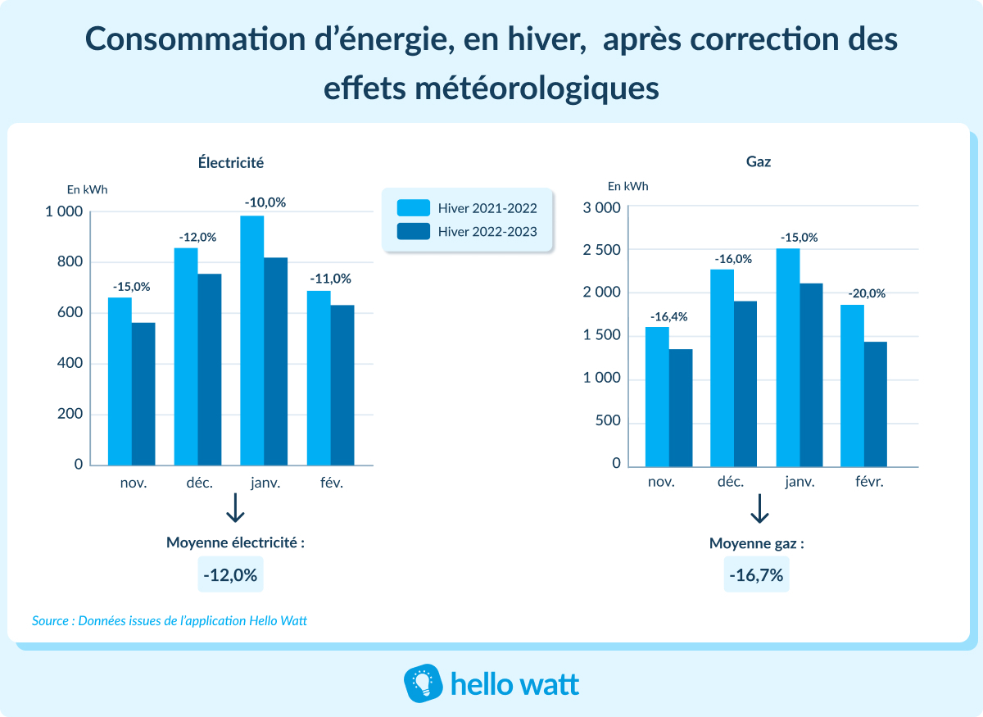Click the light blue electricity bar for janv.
pos(252,340)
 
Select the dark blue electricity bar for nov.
pos(143,393)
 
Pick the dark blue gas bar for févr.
pos(876,404)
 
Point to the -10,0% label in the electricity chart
pos(265,202)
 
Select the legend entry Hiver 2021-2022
pos(468,207)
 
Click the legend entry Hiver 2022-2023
pos(468,232)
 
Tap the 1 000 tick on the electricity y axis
pos(64,212)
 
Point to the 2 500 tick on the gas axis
pos(602,250)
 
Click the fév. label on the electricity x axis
pos(332,483)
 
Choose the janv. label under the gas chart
pos(800,482)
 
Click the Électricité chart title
pos(231,162)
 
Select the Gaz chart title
pos(759,162)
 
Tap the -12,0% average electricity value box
pos(231,575)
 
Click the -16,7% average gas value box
pos(757,575)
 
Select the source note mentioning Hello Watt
pos(170,621)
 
